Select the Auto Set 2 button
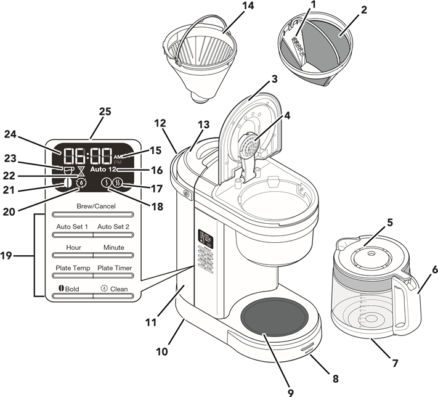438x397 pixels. point(113,227)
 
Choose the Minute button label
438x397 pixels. point(113,247)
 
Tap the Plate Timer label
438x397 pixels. point(114,268)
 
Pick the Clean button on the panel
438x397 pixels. point(115,289)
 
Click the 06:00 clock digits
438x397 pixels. point(86,155)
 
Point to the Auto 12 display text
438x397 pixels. point(103,168)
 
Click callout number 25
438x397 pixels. point(105,112)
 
